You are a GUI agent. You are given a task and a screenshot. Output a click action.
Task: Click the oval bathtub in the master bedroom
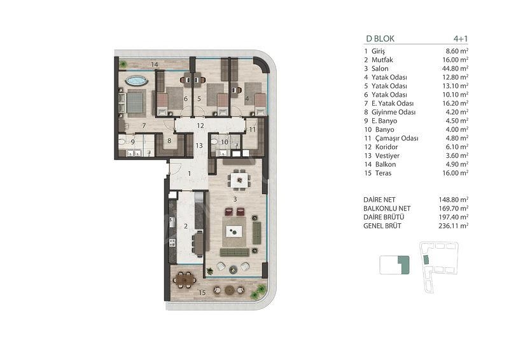coord(136,81)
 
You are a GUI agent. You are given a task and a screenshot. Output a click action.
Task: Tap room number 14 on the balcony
coord(155,65)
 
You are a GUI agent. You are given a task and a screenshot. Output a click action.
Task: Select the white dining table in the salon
coord(239,180)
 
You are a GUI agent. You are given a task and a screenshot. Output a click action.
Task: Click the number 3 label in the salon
coord(235,199)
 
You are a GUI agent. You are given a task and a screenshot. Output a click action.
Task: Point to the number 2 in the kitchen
coord(186,226)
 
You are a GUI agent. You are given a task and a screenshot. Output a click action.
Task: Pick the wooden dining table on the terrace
coord(185,279)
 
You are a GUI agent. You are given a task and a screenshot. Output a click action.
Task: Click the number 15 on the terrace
coord(202,293)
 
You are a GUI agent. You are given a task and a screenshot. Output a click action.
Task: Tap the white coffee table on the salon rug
coord(234,232)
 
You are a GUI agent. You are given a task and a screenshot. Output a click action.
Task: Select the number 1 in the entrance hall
coord(189,174)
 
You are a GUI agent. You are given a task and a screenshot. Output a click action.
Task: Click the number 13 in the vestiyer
coord(199,146)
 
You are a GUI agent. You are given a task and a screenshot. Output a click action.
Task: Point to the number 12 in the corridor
coord(200,126)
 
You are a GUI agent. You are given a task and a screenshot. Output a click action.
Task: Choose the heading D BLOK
coord(380,39)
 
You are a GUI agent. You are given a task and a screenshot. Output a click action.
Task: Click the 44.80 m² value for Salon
coord(455,69)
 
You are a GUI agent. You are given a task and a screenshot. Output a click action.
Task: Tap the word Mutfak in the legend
coord(382,60)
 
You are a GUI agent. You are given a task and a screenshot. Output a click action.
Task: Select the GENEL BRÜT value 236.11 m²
coord(453,226)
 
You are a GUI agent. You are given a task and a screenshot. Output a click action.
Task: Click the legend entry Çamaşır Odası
coord(396,139)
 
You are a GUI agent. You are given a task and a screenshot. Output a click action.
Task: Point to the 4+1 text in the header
coord(461,39)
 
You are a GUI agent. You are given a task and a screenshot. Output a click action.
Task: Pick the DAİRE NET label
coord(379,200)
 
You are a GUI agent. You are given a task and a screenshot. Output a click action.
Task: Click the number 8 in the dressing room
coord(169,141)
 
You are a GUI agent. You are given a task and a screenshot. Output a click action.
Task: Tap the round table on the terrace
coord(230,290)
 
